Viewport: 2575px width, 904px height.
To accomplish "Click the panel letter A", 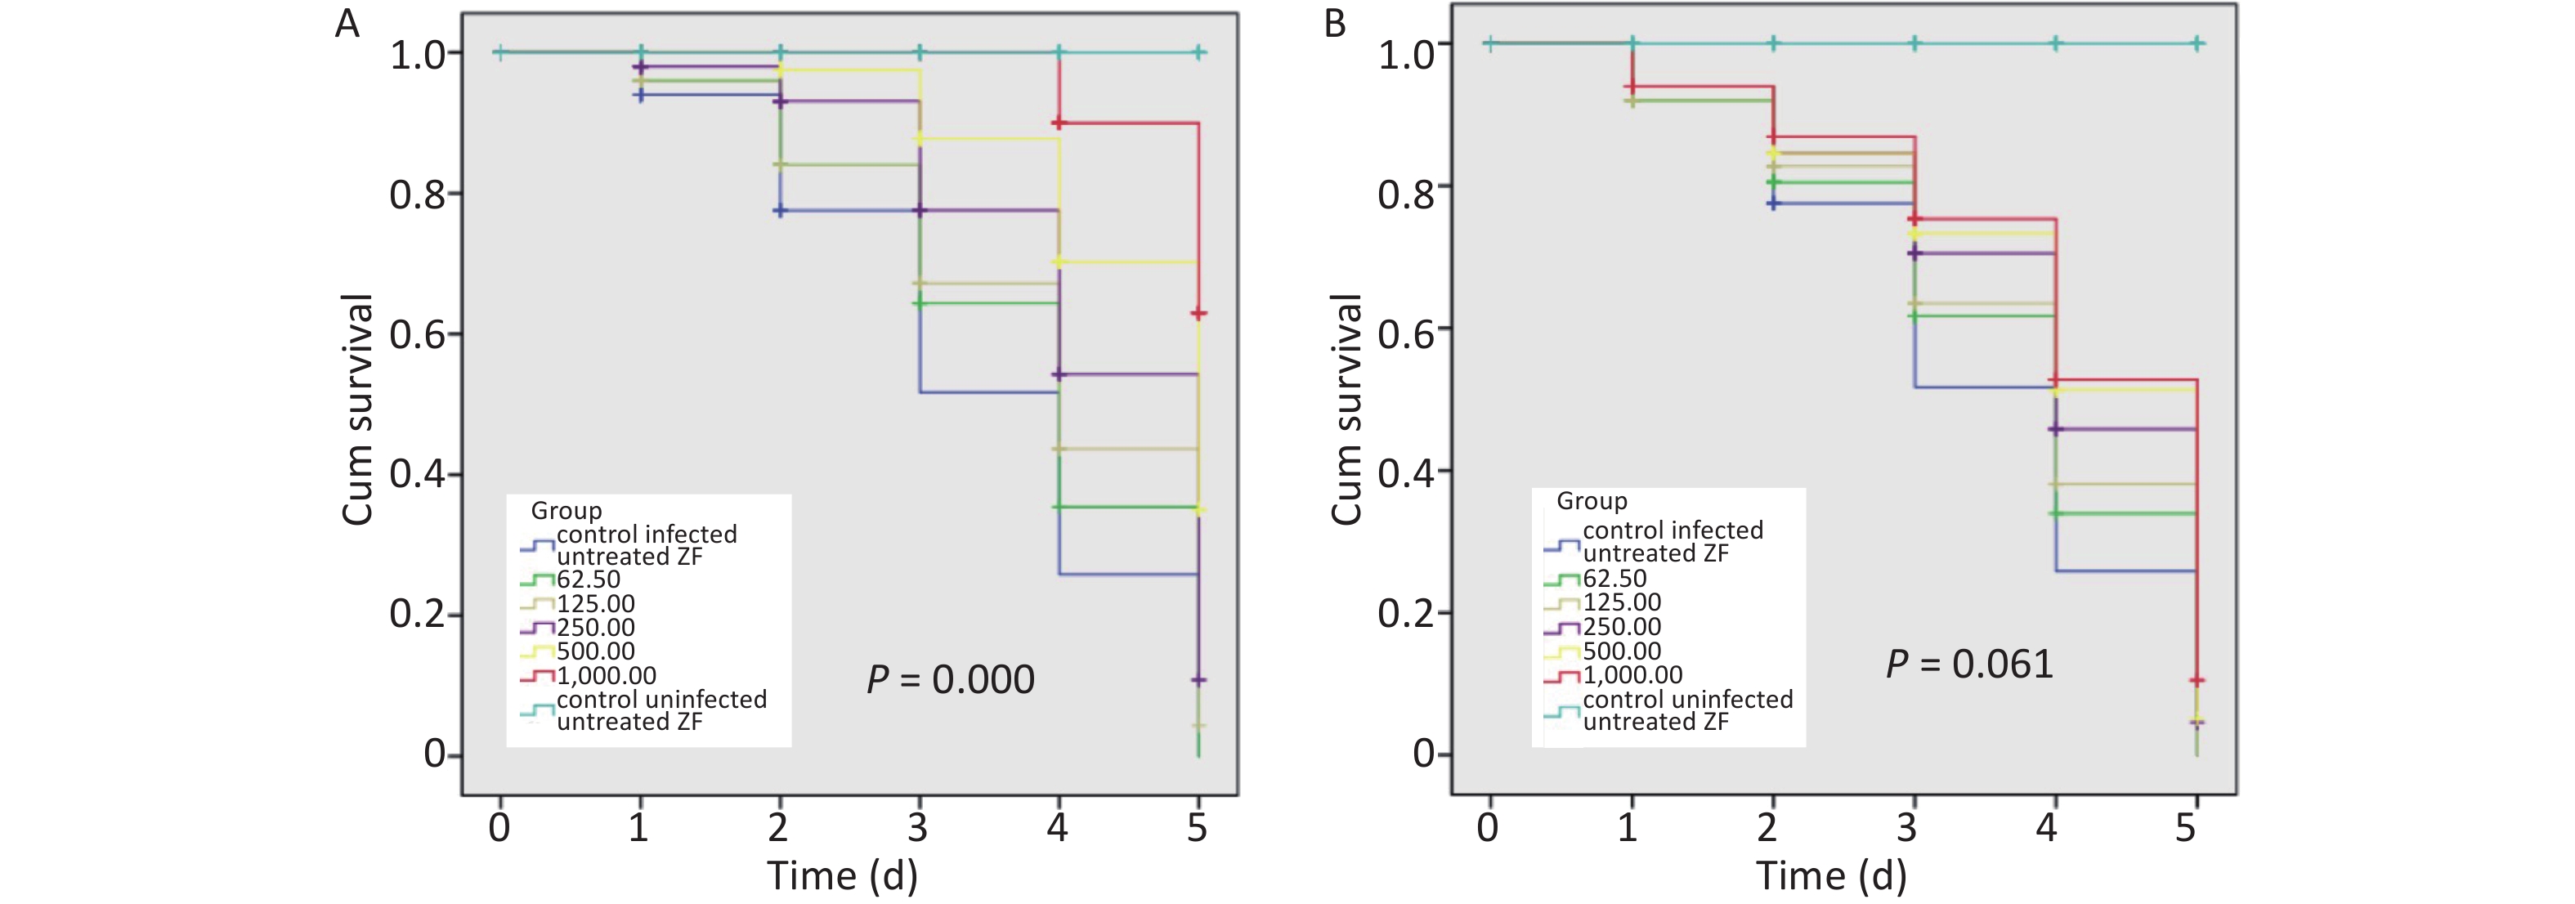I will click(347, 23).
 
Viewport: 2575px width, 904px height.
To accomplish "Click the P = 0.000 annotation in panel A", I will click(950, 680).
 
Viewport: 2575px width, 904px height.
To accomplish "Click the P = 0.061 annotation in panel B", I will click(1969, 664).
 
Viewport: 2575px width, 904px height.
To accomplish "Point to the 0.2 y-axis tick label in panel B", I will click(1405, 613).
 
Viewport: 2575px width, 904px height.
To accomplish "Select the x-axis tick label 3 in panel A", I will click(918, 827).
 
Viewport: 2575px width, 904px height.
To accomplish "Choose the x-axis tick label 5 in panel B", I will click(2186, 827).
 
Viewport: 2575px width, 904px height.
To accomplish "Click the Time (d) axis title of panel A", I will click(842, 876).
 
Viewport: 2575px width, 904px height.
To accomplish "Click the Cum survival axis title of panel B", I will click(1346, 410).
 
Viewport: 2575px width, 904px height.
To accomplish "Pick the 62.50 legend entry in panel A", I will click(588, 579).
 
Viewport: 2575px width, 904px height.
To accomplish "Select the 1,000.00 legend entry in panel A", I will click(606, 676).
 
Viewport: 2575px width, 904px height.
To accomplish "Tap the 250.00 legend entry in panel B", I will click(1621, 627).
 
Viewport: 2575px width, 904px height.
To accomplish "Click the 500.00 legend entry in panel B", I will click(1621, 651).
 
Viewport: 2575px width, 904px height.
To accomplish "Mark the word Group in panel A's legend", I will click(566, 510).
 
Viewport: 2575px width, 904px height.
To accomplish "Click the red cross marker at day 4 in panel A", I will click(1059, 123).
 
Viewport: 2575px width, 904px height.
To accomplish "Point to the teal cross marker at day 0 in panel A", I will click(499, 52).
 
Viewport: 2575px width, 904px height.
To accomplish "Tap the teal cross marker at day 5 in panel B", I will click(2197, 43).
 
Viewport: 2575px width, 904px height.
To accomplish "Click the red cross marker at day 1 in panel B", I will click(1632, 87).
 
